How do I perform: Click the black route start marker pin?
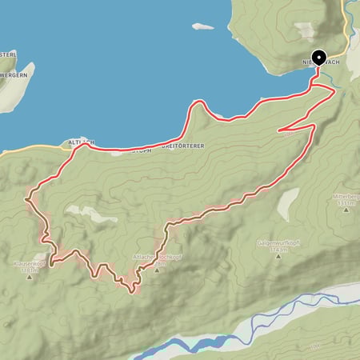(318, 58)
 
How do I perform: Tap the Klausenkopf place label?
(25, 262)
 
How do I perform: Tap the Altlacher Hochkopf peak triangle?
(158, 269)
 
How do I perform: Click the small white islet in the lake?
(202, 26)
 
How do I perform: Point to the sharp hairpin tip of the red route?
(279, 129)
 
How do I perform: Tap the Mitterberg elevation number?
(345, 203)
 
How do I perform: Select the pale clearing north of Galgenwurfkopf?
(286, 206)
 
